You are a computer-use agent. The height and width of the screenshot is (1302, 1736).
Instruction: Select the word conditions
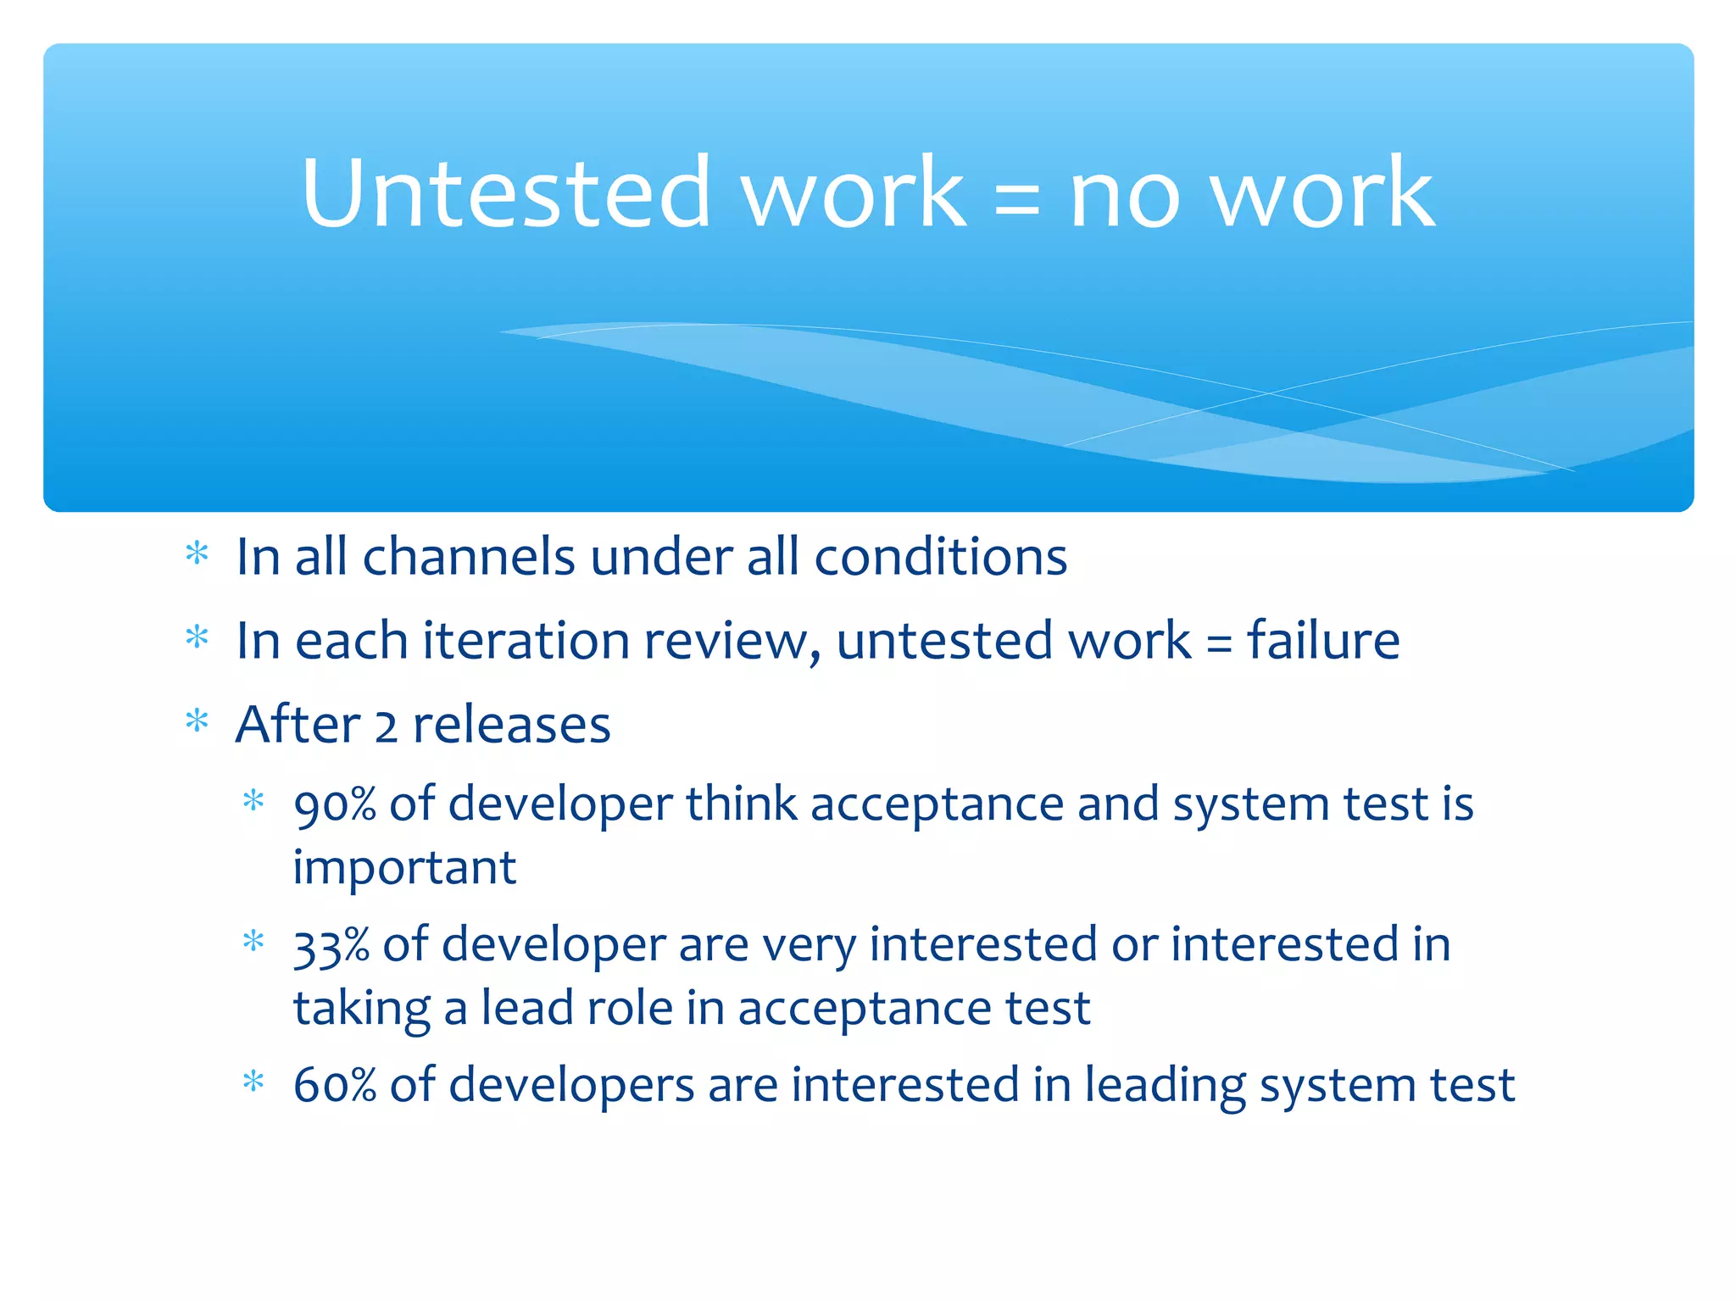pyautogui.click(x=940, y=557)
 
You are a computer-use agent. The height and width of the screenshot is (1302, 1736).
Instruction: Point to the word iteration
pyautogui.click(x=526, y=640)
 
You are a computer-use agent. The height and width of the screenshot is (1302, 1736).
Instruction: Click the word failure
pyautogui.click(x=1322, y=640)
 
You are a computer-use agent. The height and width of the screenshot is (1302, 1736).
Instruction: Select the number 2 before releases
pyautogui.click(x=386, y=726)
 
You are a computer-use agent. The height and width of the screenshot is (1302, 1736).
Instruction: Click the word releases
pyautogui.click(x=512, y=725)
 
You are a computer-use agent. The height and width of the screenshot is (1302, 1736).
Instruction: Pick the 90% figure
pyautogui.click(x=334, y=804)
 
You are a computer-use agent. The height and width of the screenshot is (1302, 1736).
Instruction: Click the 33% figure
pyautogui.click(x=331, y=945)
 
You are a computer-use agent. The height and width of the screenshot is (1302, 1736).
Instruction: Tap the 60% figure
pyautogui.click(x=334, y=1085)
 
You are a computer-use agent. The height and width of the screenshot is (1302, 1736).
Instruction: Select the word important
pyautogui.click(x=404, y=868)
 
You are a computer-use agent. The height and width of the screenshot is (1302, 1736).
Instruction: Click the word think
pyautogui.click(x=741, y=804)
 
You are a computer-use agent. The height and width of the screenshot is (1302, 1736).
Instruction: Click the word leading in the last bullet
pyautogui.click(x=1165, y=1086)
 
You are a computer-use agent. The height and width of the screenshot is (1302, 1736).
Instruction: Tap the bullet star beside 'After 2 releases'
pyautogui.click(x=197, y=721)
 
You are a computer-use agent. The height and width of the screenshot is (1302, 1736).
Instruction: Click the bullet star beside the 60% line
pyautogui.click(x=253, y=1082)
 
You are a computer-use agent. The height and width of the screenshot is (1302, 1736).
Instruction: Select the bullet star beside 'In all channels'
pyautogui.click(x=197, y=554)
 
